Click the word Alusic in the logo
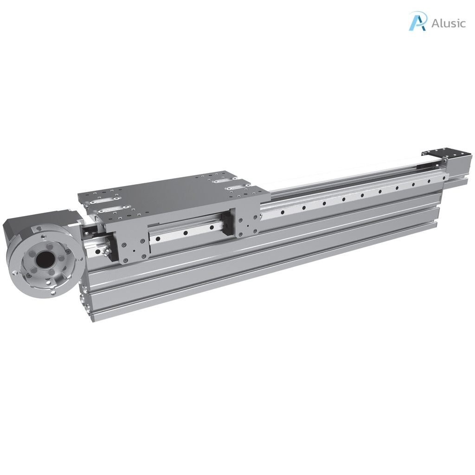coord(448,23)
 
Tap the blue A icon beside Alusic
coord(417,21)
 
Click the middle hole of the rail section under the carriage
coord(185,233)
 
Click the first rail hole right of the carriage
coord(282,212)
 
